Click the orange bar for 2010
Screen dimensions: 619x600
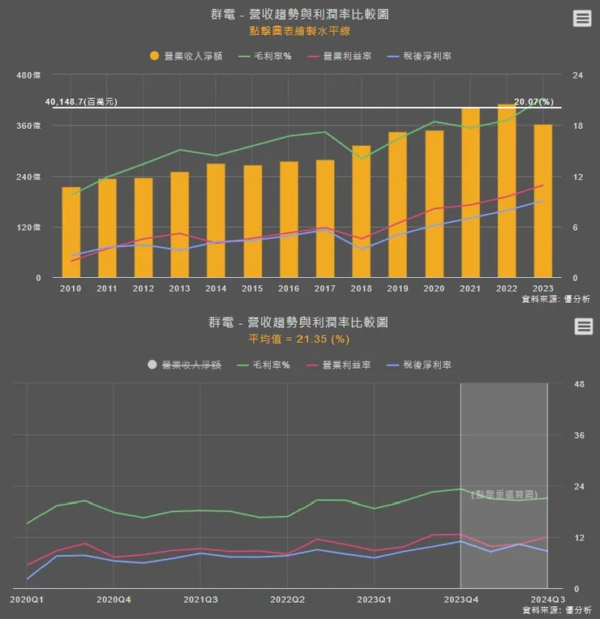pos(71,233)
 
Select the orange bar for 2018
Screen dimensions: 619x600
pos(361,211)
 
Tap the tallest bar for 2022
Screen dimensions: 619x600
pos(507,191)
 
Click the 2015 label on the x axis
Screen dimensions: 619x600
pos(252,288)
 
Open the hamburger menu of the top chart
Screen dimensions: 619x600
pos(582,19)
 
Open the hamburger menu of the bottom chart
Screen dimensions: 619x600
pos(582,326)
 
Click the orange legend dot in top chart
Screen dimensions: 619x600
pos(155,57)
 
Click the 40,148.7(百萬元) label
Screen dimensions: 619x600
pos(81,102)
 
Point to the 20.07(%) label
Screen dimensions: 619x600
pos(534,102)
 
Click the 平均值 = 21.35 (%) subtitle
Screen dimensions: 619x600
pos(299,338)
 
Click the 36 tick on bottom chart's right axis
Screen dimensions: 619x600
pos(579,435)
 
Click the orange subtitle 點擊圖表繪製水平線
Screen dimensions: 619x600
pos(299,32)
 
